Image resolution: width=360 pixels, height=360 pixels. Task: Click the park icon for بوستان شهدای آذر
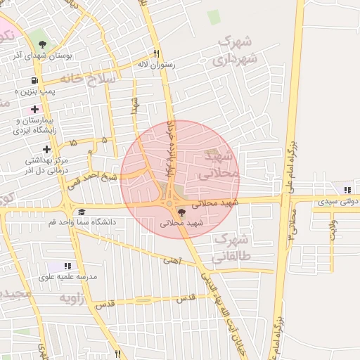coord(43,44)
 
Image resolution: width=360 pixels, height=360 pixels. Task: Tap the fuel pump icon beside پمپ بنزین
coord(35,80)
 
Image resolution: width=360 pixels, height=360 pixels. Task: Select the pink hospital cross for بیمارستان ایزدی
coord(34,109)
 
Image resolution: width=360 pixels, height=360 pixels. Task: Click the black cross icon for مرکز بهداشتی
coord(47,149)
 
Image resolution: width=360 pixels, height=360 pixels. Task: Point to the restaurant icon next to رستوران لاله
coord(156,53)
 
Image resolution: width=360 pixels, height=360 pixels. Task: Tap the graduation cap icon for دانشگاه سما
coord(82,212)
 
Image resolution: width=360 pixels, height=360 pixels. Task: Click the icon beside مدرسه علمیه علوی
coord(67,266)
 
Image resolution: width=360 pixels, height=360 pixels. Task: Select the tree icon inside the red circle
coord(182,212)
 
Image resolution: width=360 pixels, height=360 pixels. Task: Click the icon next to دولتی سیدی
coord(347,190)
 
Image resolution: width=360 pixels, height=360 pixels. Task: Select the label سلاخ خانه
coord(88,79)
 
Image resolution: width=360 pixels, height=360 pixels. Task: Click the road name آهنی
coord(172,259)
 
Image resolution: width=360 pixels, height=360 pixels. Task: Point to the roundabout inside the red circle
coord(169,204)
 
